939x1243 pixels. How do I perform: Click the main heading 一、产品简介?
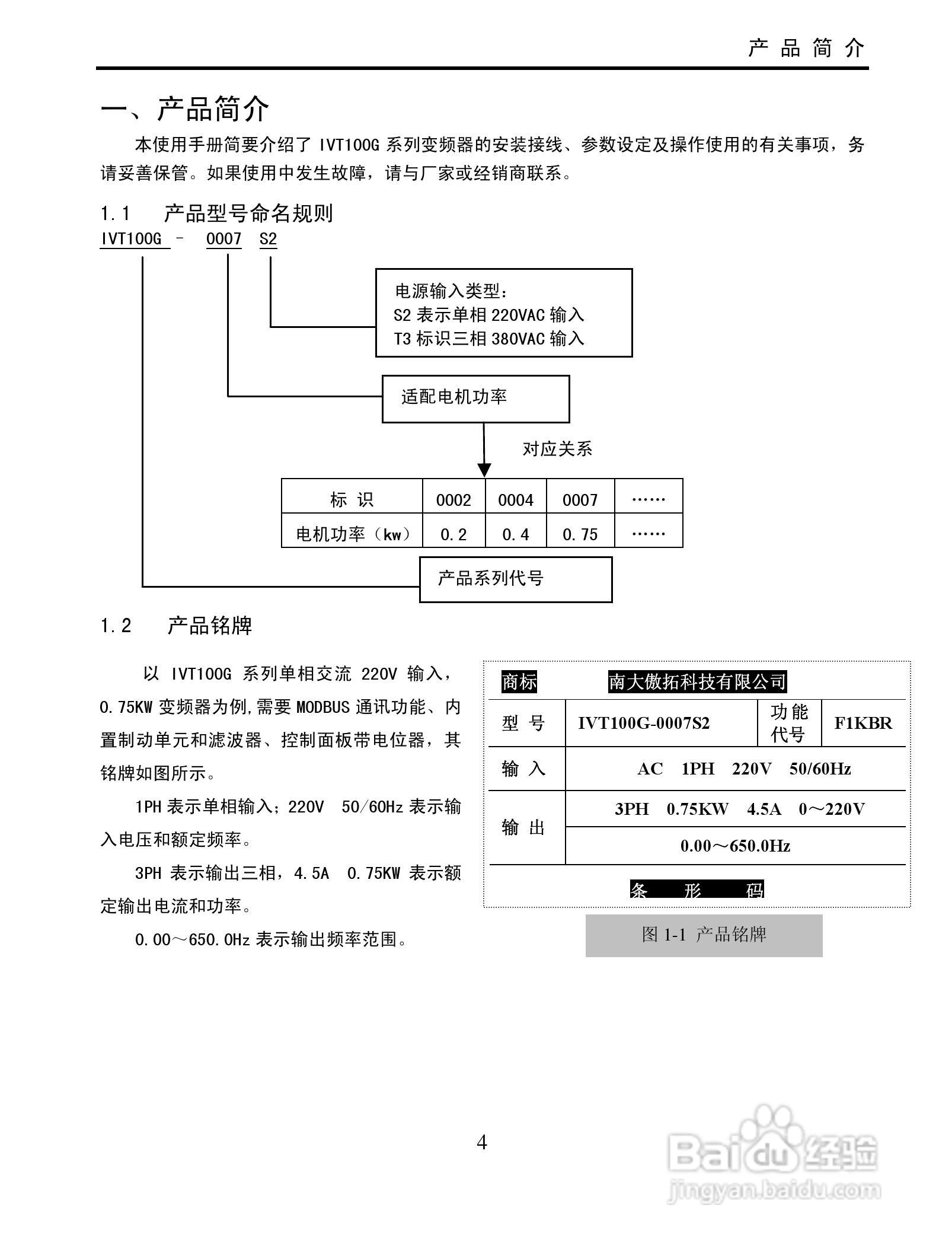[185, 109]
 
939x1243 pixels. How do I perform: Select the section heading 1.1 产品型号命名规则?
[216, 213]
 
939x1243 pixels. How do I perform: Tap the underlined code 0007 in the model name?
[223, 239]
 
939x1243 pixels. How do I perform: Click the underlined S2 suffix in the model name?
[268, 239]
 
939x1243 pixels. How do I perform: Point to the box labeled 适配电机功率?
[475, 398]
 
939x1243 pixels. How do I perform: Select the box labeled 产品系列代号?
[515, 579]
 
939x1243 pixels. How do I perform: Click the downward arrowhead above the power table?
[484, 470]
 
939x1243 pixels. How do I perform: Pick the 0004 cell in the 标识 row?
[515, 500]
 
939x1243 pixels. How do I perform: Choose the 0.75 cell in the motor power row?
[580, 534]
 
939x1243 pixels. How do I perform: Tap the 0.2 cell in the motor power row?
[453, 534]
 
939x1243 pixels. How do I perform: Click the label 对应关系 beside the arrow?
[557, 449]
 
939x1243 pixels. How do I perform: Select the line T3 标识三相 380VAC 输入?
[489, 339]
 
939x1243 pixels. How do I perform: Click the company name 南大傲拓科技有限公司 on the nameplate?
[697, 682]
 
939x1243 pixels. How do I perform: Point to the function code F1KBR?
[863, 723]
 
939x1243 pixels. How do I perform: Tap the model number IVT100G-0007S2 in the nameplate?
[643, 723]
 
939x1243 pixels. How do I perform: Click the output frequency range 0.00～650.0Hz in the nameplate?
[735, 846]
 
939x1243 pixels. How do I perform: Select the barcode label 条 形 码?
[697, 890]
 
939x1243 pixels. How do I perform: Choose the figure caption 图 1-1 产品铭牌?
[704, 935]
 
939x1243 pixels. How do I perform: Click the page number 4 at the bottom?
[482, 1142]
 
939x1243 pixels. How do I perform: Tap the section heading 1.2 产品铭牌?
[176, 626]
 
